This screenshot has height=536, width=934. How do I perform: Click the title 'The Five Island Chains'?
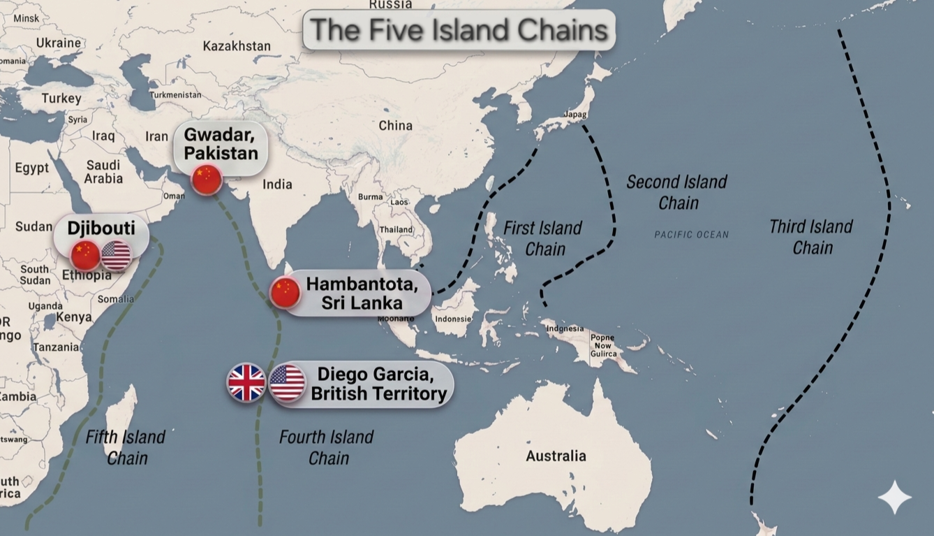pos(459,29)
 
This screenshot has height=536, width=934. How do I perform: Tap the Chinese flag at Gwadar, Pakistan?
pos(207,180)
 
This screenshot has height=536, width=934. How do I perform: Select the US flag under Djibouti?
pos(116,255)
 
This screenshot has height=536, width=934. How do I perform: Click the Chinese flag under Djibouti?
pos(86,255)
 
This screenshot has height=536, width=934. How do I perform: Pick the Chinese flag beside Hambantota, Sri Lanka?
pos(285,292)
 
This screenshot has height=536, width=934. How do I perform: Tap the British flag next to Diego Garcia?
pos(246,383)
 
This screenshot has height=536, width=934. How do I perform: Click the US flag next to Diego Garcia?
pos(288,383)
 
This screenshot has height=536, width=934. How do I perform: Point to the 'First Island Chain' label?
pos(542,238)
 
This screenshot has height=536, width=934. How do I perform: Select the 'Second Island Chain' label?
pos(676,192)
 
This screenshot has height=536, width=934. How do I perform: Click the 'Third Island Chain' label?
pos(811,237)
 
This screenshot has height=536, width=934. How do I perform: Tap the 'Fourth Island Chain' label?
pos(326,447)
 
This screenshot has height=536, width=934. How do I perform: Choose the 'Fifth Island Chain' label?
pos(126,447)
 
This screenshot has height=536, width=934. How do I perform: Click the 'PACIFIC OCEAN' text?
pos(691,235)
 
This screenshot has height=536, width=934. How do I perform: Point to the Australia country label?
pos(556,456)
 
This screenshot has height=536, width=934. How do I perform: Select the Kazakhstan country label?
pos(237,46)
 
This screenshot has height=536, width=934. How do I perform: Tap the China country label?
pos(395,126)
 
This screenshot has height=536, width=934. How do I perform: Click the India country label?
pos(277,184)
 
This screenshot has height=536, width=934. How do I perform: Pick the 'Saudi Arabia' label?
pos(103,172)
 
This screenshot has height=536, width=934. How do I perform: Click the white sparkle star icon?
pos(894,497)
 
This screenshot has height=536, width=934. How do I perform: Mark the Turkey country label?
pos(61,99)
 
